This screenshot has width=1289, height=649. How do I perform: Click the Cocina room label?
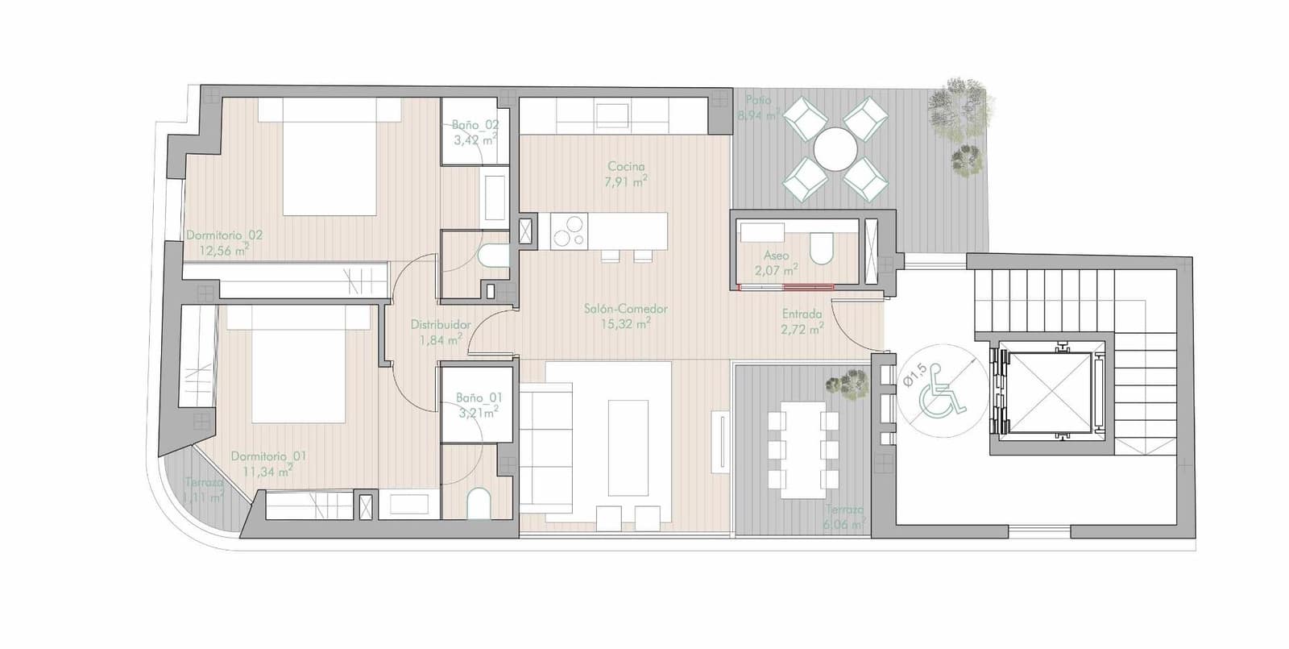coord(626,167)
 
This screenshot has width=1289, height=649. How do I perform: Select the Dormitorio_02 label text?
coord(224,235)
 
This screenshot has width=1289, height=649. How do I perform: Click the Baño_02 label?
coord(475,125)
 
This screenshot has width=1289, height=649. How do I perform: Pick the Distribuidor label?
coord(440,324)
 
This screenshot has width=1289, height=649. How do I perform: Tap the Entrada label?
coord(802,314)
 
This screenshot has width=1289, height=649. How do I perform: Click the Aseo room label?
coord(777,256)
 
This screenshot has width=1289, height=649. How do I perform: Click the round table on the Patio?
coord(835,149)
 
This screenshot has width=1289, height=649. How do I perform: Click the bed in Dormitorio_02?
coord(330,157)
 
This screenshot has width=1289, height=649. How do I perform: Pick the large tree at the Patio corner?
coord(956,106)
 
